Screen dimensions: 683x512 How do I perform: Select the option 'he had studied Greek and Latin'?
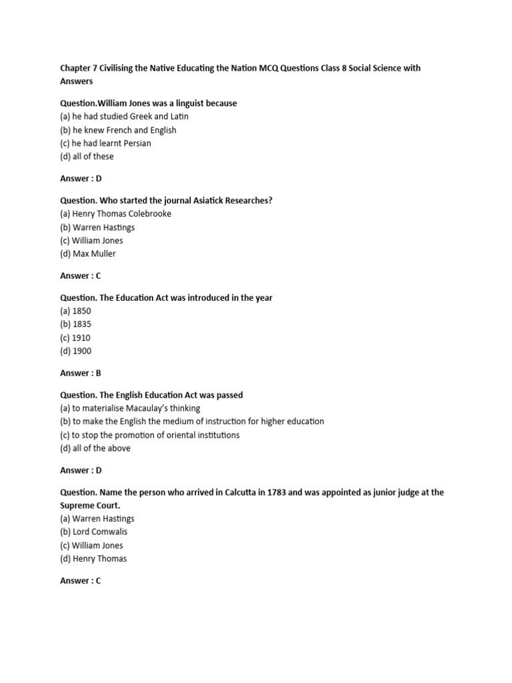coord(124,117)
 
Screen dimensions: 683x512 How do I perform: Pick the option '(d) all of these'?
coord(87,157)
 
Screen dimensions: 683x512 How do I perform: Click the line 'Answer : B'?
coord(81,374)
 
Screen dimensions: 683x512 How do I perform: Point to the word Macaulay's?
coord(155,408)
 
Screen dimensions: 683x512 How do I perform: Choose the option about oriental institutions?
coord(149,435)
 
